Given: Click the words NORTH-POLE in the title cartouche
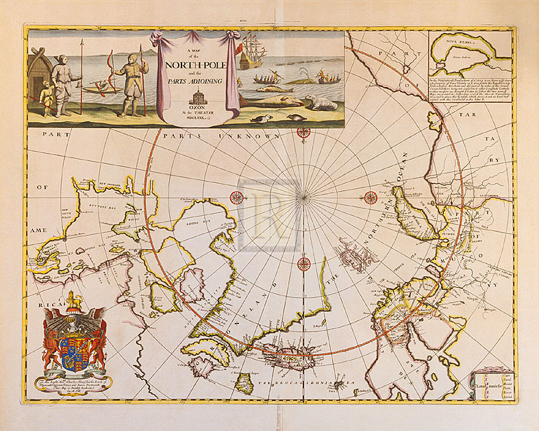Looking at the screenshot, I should (199, 66).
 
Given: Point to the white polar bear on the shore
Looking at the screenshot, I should (318, 102).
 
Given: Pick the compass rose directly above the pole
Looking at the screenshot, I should (303, 132).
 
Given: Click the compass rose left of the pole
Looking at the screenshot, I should (236, 198).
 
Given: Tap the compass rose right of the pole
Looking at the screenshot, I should (371, 198).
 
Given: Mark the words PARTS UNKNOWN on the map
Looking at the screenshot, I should (233, 135).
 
